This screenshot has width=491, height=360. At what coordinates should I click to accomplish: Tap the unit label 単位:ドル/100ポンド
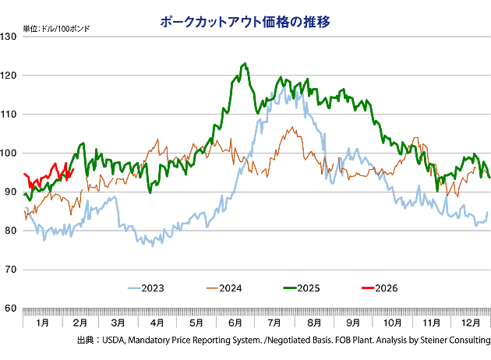point(56,29)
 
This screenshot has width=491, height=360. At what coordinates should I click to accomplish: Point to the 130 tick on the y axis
point(11,37)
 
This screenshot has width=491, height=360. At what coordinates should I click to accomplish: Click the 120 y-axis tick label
point(11,76)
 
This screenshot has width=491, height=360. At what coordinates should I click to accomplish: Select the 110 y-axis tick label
point(11,115)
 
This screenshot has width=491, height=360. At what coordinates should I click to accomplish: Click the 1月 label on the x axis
point(43,322)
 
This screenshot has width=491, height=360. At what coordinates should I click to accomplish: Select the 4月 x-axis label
point(157,322)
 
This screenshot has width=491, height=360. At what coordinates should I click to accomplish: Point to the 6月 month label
point(235,322)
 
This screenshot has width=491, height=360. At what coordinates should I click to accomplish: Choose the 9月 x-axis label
point(353,322)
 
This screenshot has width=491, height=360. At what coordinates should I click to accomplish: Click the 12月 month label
point(470,322)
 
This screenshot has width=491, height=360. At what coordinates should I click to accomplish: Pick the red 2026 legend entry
point(384,288)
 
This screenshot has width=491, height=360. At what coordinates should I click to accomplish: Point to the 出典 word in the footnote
point(85,341)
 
